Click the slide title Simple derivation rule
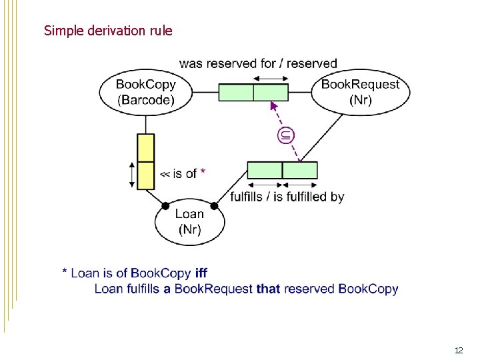point(108,31)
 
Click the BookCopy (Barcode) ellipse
point(145,93)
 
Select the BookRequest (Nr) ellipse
point(360,93)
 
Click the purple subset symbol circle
point(285,136)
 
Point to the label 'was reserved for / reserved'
point(258,63)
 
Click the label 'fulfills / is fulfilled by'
point(287,197)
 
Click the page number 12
point(458,350)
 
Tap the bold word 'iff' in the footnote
point(201,273)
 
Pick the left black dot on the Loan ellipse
point(164,205)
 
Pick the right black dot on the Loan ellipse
point(214,205)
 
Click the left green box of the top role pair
point(236,92)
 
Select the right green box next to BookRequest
point(271,92)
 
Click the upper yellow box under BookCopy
point(145,148)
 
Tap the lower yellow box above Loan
point(145,175)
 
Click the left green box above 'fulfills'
point(265,170)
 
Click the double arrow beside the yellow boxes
point(131,175)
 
